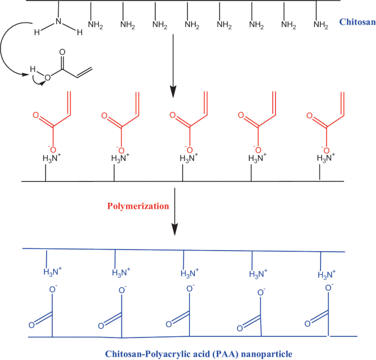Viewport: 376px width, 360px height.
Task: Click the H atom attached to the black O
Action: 33,70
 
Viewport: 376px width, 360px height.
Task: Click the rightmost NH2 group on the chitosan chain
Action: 321,24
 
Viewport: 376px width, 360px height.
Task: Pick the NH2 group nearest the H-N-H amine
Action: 96,24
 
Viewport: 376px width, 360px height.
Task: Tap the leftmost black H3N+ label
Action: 46,159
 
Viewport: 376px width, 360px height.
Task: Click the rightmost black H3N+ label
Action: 320,159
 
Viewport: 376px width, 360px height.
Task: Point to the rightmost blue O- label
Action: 329,287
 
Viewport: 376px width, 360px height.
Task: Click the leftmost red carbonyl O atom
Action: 36,116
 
